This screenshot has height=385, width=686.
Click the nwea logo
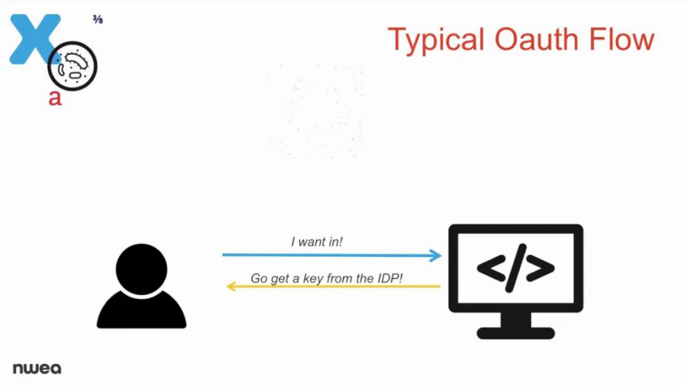pos(37,368)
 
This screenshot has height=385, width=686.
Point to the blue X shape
pos(34,38)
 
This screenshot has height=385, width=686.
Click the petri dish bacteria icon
pos(72,66)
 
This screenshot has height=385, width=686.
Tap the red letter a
pos(55,98)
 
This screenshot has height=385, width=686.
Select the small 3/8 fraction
pos(98,19)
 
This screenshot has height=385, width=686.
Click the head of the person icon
pos(141,269)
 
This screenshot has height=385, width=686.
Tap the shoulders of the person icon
pos(141,310)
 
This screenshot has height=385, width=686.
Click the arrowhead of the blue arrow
pos(435,255)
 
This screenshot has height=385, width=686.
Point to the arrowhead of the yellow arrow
pos(231,286)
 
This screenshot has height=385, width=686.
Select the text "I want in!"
pos(317,242)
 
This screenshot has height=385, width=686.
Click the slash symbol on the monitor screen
pos(516,268)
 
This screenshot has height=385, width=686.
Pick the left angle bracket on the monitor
pos(492,267)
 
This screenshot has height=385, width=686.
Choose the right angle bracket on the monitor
pos(540,267)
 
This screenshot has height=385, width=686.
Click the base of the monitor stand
pos(516,333)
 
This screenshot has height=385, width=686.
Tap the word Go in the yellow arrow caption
pos(258,279)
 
